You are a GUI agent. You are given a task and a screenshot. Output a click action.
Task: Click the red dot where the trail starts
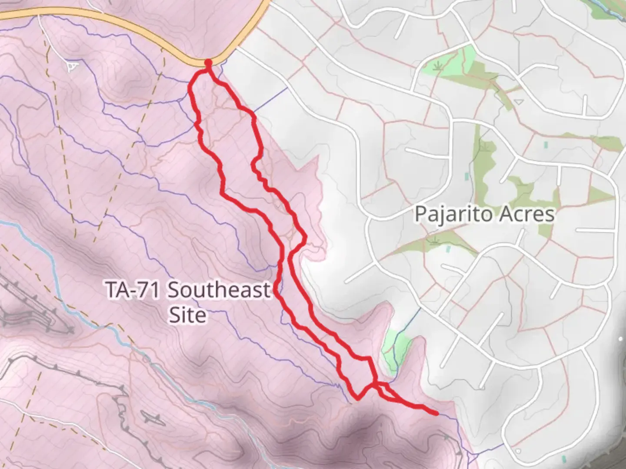(208, 63)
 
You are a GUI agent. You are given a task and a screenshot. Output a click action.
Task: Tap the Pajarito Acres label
(484, 215)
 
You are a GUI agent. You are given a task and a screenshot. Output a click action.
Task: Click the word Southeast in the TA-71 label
(219, 290)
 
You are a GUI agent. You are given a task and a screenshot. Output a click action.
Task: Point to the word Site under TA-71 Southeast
(187, 315)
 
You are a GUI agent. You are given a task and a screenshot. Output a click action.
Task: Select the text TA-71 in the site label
(133, 290)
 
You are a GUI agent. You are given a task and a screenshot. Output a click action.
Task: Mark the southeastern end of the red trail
(436, 413)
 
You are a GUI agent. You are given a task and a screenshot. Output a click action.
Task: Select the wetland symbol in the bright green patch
(440, 66)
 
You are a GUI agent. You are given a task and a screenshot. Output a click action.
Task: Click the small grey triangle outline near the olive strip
(518, 102)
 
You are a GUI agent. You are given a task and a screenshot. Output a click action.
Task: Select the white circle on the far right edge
(621, 339)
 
